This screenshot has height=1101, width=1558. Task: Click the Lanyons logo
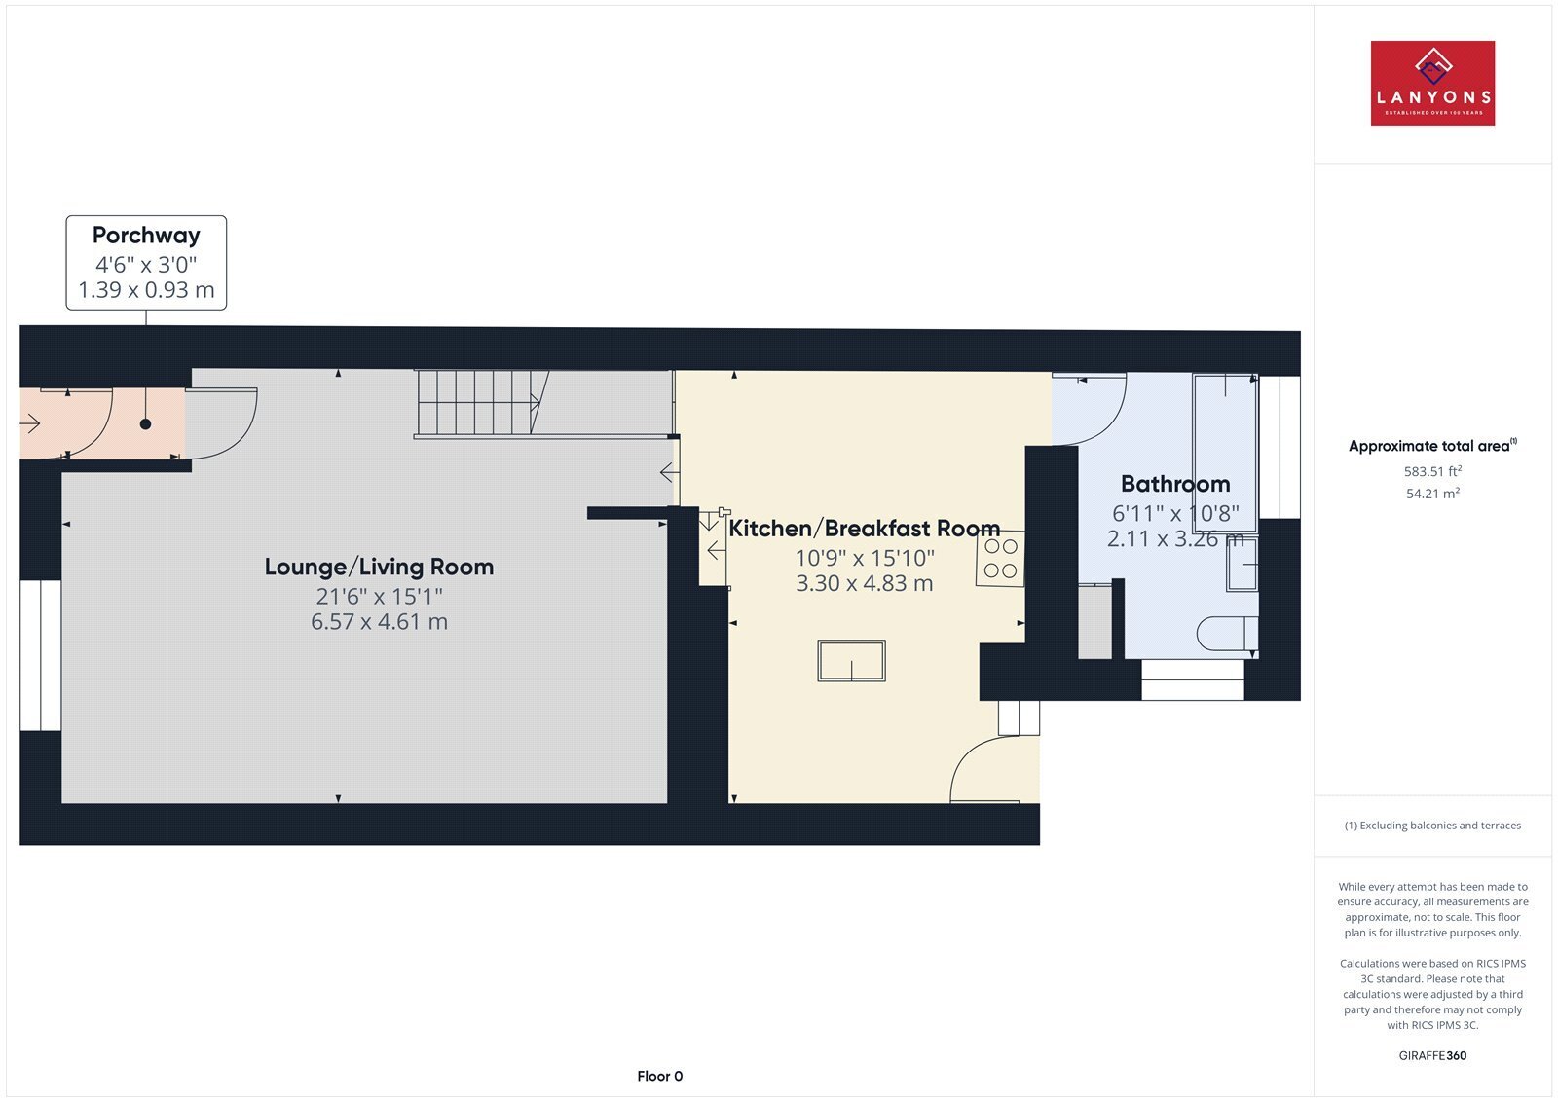click(1432, 83)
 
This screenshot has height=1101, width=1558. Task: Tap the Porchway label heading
click(146, 235)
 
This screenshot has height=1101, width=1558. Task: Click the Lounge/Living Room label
click(379, 567)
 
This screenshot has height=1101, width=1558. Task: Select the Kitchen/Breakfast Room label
click(864, 529)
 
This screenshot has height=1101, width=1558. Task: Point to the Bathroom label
click(1175, 484)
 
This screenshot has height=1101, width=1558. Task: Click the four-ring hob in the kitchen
click(1001, 559)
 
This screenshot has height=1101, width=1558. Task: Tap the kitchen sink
click(851, 661)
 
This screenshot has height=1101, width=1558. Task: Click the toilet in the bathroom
click(1227, 634)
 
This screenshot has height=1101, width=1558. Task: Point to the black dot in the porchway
click(145, 424)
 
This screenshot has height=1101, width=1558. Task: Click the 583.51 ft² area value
click(1432, 471)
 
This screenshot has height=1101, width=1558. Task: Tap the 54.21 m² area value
click(1432, 494)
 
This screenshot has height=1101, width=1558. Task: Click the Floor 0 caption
click(659, 1076)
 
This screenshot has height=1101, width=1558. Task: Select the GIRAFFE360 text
click(1432, 1055)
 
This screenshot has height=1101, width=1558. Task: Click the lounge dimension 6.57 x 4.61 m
click(379, 621)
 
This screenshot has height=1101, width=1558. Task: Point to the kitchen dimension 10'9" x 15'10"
click(865, 557)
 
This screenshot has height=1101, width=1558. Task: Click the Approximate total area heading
click(1432, 446)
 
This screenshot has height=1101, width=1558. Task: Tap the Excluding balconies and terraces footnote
click(1432, 826)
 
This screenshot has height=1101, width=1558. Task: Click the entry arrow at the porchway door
click(30, 422)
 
